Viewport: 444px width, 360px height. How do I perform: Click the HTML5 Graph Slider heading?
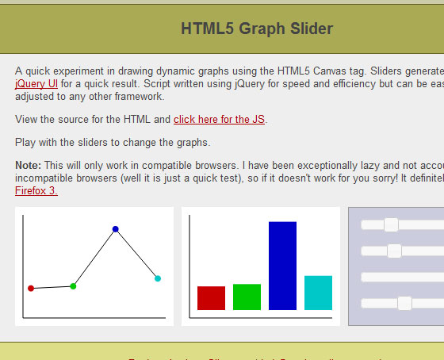coord(257,29)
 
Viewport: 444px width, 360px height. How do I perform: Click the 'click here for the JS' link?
coord(220,120)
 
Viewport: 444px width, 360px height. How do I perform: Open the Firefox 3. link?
coord(36,190)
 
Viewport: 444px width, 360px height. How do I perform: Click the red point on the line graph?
coord(31,288)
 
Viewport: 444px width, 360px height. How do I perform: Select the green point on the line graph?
coord(73,285)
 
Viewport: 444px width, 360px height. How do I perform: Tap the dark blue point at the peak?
coord(116,229)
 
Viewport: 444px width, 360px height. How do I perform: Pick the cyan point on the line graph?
coord(158,278)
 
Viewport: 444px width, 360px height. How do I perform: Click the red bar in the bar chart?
coord(211,297)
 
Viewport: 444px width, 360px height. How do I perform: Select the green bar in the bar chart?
coord(247,297)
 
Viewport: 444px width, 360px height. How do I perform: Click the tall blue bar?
coord(282,266)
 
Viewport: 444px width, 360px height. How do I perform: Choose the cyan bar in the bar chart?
coord(318,293)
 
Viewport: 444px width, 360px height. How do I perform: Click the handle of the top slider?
coord(391,225)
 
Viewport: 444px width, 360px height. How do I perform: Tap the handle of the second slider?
coord(394,251)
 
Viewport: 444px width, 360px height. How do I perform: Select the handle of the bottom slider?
coord(404,303)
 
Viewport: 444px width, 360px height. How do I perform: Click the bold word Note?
coord(28,165)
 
